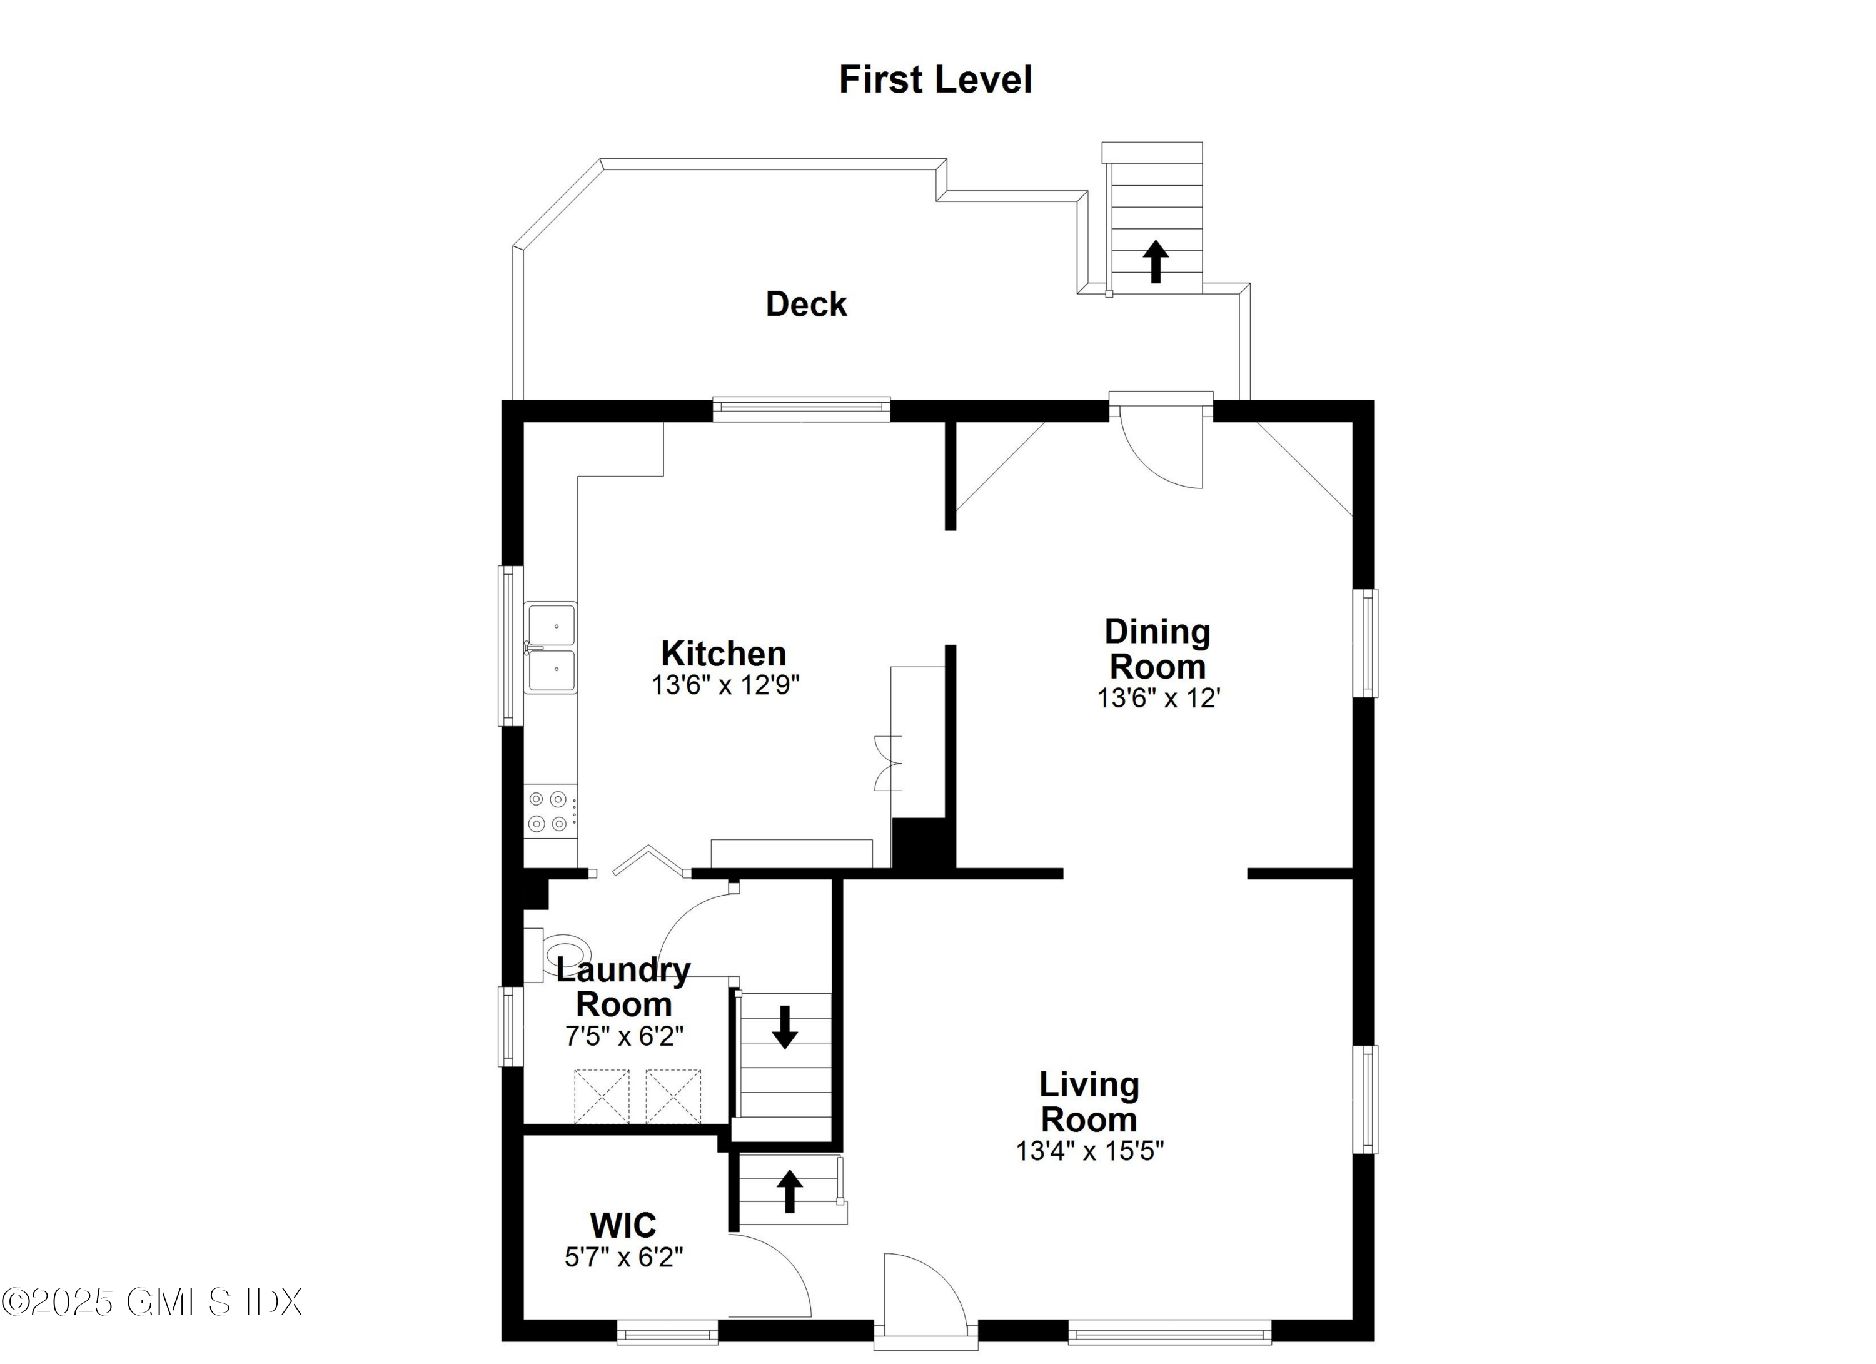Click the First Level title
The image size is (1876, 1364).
[935, 80]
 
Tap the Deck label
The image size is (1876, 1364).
[805, 305]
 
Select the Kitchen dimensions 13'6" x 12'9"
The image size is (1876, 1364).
[725, 685]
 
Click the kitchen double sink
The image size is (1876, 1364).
[551, 647]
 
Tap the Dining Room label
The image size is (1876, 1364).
[1157, 649]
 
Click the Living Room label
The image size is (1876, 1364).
[1089, 1102]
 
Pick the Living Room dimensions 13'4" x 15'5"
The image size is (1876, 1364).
[1089, 1151]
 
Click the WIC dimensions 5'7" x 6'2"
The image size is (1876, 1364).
[623, 1257]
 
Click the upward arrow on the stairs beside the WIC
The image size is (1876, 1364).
[790, 1191]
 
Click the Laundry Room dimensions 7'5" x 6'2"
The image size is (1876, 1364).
[623, 1036]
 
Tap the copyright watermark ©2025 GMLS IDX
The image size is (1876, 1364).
[151, 1302]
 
